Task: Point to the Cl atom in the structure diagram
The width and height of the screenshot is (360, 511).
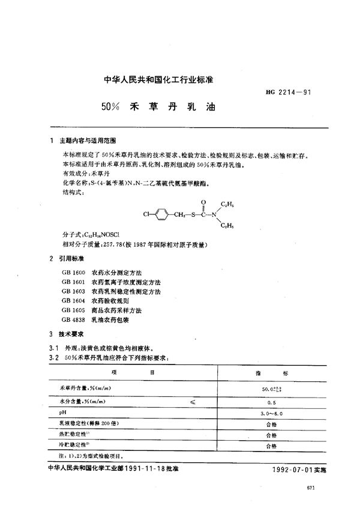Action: pyautogui.click(x=147, y=213)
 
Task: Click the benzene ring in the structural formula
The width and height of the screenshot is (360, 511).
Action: pyautogui.click(x=164, y=213)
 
